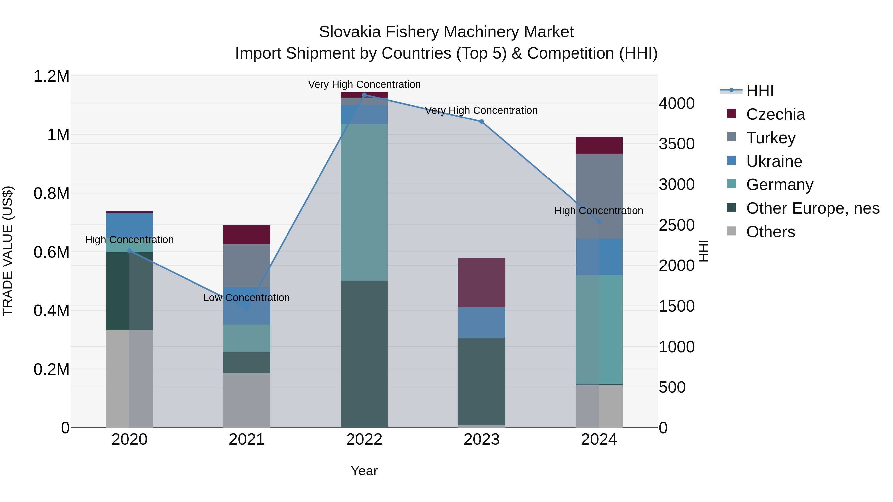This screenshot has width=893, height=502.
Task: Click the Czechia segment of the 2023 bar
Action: click(481, 282)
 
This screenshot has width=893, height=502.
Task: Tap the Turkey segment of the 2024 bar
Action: click(599, 196)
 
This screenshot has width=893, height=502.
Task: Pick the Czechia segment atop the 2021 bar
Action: click(247, 235)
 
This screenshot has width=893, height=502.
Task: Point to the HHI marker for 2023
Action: click(481, 122)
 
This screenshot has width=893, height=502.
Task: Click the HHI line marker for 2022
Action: click(364, 95)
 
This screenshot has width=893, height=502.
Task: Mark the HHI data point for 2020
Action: click(129, 250)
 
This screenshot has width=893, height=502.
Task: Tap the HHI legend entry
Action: click(760, 91)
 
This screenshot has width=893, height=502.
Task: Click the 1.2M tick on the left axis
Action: click(52, 76)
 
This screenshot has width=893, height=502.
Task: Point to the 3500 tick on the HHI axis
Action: click(676, 144)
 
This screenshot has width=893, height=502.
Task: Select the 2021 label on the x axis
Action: click(247, 440)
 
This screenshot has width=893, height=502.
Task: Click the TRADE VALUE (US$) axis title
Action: click(8, 251)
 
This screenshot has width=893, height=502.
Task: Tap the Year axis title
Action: click(364, 471)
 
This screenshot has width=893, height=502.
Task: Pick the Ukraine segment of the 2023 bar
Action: click(481, 323)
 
